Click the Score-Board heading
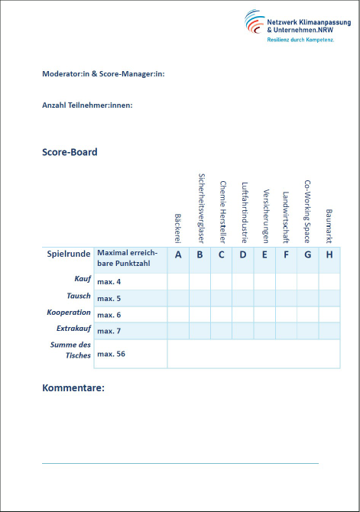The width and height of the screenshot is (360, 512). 70,152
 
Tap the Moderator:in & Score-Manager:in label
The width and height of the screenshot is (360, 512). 103,74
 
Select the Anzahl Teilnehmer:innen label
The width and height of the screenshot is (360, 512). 87,105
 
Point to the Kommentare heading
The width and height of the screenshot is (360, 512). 73,388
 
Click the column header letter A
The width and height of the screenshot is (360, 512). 178,254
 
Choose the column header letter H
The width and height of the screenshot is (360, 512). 329,254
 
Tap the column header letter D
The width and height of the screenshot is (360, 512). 243,254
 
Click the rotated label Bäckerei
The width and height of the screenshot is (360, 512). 178,228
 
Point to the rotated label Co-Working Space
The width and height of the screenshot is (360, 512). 307,210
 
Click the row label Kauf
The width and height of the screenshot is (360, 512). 83,280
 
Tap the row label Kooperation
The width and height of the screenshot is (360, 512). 70,313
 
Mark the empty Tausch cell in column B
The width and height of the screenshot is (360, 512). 199,297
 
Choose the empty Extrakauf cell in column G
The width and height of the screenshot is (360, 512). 307,330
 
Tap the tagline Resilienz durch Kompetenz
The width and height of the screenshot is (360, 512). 300,38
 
